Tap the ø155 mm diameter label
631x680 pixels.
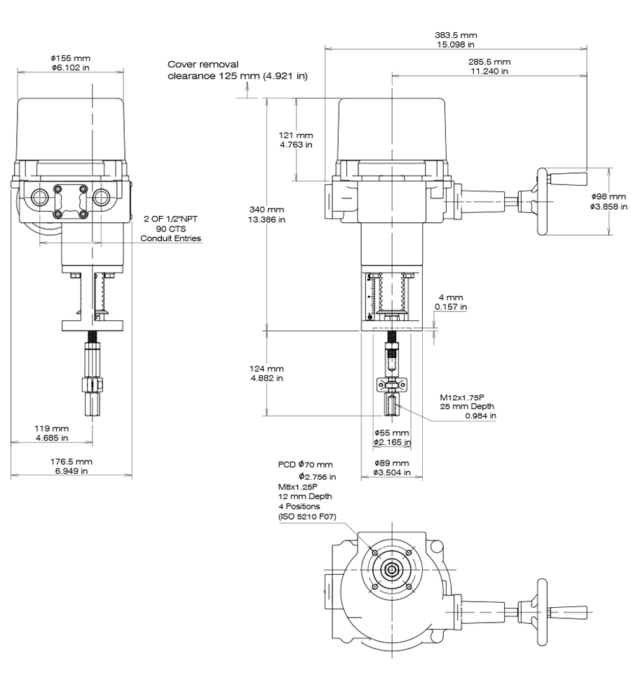tap(71, 58)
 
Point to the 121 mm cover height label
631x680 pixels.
tap(296, 135)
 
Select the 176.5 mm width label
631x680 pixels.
tap(71, 461)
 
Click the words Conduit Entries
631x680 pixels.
tap(171, 239)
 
